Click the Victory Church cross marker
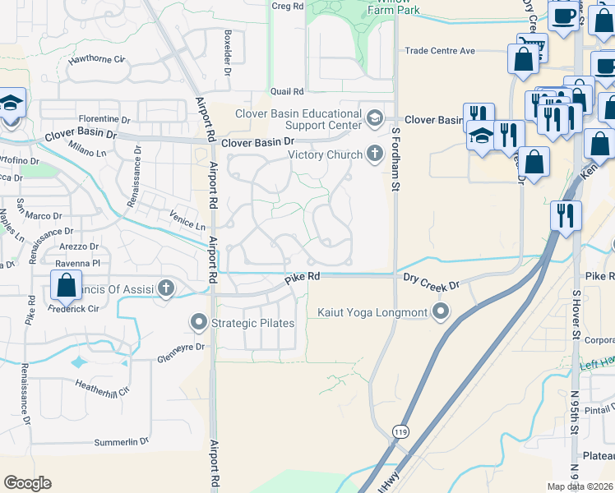[x=376, y=154]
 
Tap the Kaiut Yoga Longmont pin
[x=442, y=312]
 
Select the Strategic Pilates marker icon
[x=199, y=322]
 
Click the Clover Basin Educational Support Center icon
[x=376, y=118]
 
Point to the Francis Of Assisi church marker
[x=167, y=288]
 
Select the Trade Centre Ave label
[x=440, y=51]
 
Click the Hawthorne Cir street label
[x=97, y=59]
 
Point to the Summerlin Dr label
[x=121, y=441]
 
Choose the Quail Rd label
[x=288, y=91]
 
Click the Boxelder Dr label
[x=228, y=52]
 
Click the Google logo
[x=28, y=483]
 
